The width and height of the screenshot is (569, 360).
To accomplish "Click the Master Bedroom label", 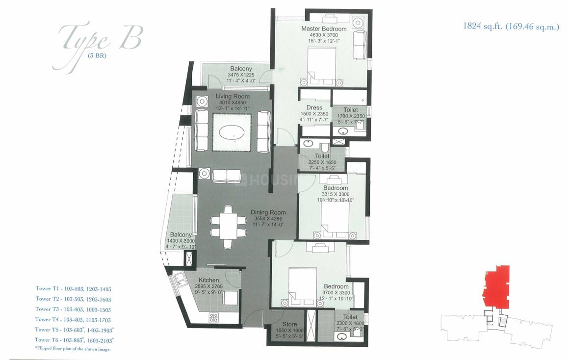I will (324, 29).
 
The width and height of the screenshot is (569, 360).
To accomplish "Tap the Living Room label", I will (233, 97).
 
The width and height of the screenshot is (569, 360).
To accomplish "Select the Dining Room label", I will (268, 212).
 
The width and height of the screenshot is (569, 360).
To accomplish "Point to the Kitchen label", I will (208, 280).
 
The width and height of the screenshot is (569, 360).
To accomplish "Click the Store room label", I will (289, 324).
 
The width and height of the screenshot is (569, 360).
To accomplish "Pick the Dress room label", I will (314, 108).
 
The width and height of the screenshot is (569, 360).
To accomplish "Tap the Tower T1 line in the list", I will (73, 288).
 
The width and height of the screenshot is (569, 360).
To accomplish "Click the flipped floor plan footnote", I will (73, 349).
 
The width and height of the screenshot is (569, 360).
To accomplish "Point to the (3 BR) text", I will (97, 55).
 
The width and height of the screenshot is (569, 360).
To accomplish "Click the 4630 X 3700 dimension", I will (324, 35).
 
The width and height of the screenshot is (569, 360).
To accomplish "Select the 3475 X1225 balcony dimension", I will (241, 75).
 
